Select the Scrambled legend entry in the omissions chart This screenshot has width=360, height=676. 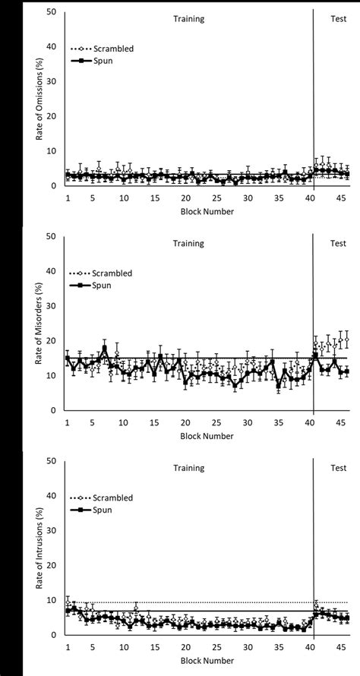point(112,48)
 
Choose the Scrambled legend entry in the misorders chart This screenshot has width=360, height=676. point(112,273)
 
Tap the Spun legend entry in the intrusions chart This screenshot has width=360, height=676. point(103,510)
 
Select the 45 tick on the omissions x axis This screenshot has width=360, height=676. point(341,197)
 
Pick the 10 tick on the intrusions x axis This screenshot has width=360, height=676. point(123,646)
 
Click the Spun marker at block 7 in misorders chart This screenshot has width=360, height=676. point(104,349)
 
